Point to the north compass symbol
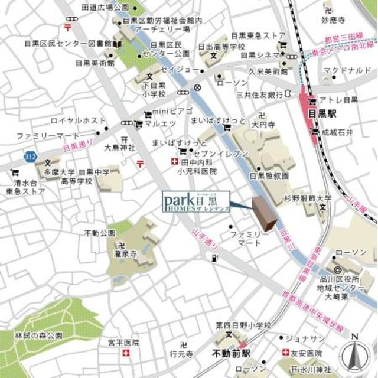(354, 354)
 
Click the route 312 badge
(29, 157)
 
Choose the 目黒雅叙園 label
(269, 175)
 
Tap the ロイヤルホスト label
(77, 120)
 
